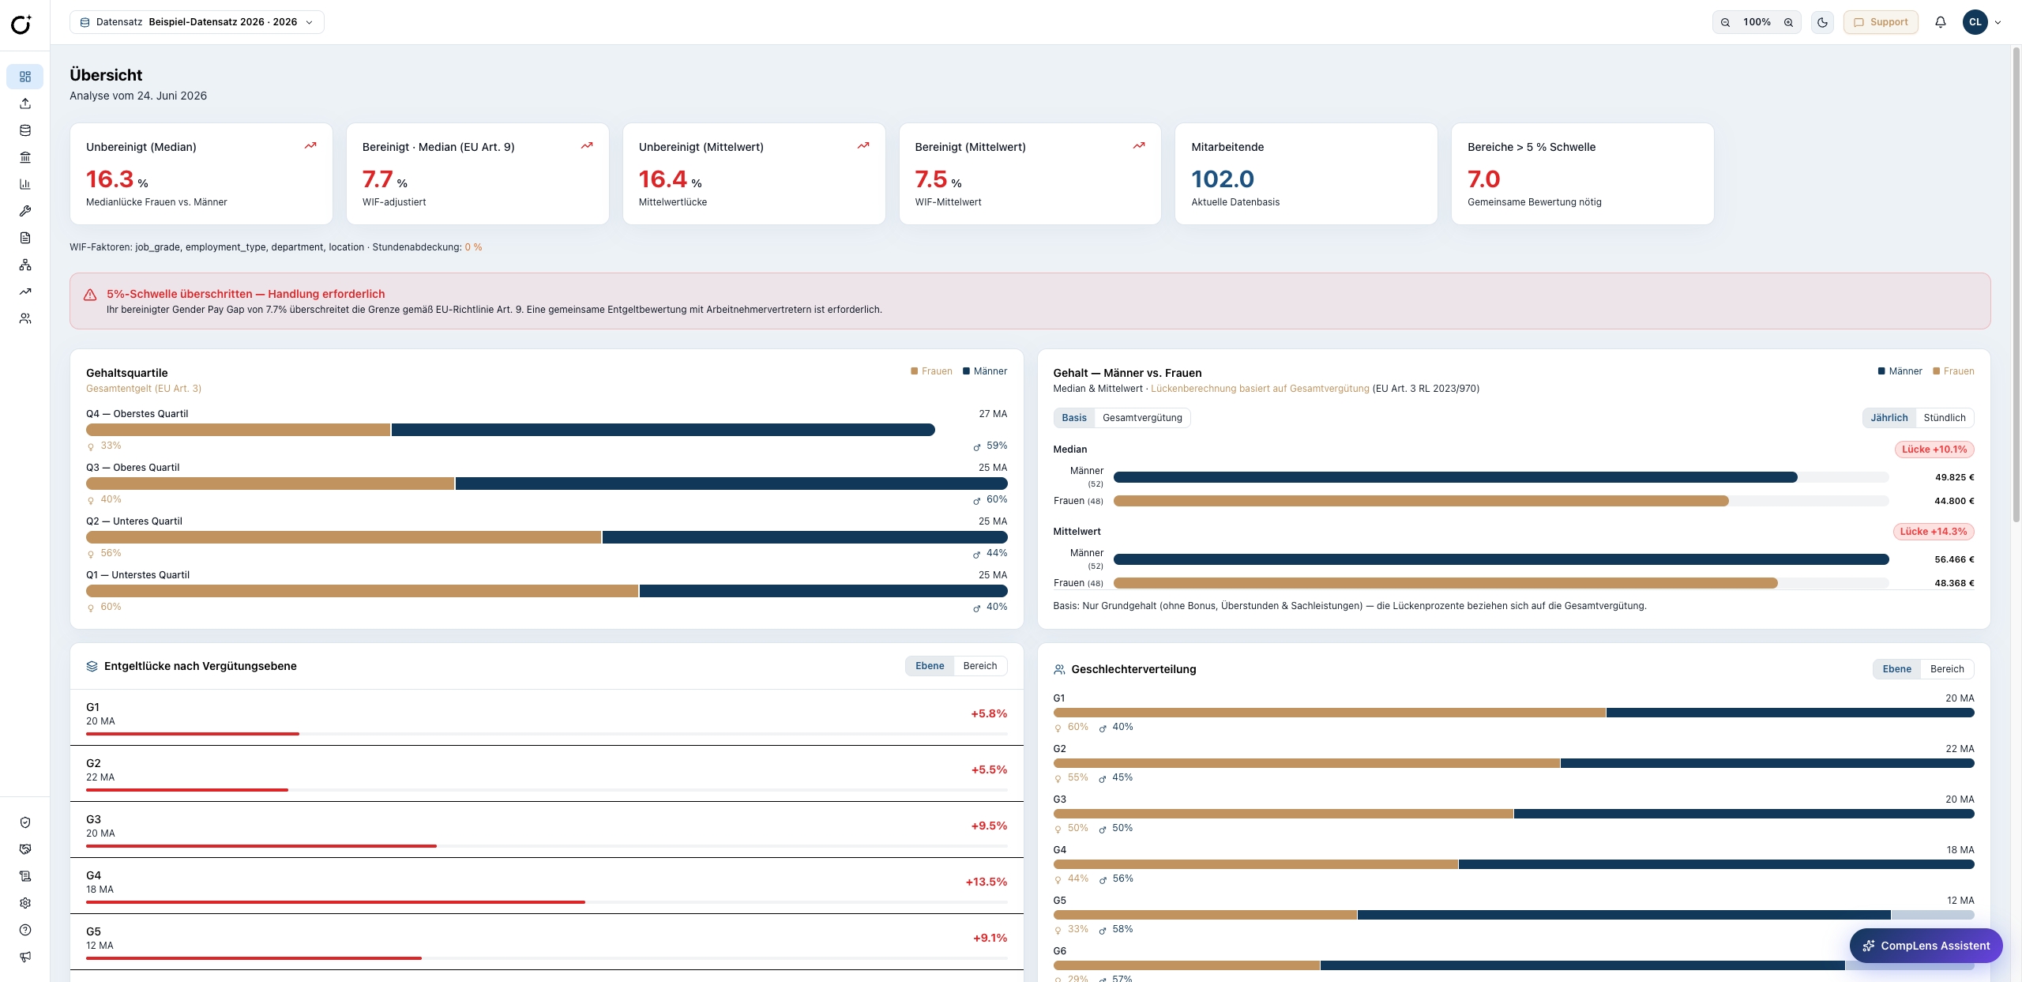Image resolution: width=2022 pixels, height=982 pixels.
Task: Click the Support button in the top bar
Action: click(1881, 22)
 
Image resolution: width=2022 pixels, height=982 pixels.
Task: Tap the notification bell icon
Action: click(1941, 22)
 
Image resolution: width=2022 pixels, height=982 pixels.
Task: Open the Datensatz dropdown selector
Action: click(197, 22)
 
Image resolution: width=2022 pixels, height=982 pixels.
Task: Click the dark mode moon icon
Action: click(1822, 22)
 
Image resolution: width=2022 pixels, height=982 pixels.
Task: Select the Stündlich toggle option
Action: click(1945, 418)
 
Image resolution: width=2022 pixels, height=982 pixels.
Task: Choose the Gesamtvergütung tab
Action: click(1142, 418)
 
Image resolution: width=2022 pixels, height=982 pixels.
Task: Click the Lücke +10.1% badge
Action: click(1934, 450)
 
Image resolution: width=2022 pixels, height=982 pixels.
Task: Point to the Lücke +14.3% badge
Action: click(1934, 532)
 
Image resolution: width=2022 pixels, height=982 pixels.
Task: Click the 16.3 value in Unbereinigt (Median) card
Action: click(110, 179)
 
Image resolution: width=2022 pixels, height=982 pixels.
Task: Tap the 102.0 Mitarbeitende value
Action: click(1223, 179)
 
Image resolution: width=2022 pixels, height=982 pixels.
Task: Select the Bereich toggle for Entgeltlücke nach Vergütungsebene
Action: click(980, 666)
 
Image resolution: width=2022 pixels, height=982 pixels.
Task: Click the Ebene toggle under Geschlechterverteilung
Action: click(1896, 669)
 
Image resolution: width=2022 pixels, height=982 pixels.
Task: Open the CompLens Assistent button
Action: click(1926, 946)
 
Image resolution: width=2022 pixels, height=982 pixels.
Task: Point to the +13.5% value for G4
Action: click(987, 882)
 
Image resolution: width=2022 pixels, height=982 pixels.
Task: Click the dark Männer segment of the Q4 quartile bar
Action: click(663, 430)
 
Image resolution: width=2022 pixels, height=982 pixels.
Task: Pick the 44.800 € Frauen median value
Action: click(1954, 501)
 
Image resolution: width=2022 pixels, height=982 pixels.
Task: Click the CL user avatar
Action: click(1975, 22)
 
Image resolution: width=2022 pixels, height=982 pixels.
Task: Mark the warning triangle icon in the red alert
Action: click(90, 295)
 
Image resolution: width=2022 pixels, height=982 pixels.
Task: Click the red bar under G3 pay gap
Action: click(261, 846)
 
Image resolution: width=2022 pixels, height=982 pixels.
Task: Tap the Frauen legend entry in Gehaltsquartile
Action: click(932, 371)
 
